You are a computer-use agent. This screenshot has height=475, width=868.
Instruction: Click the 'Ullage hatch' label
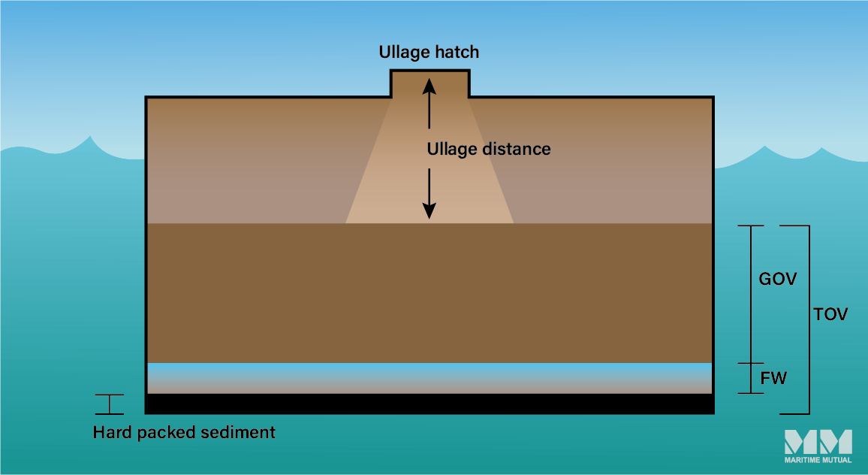428,53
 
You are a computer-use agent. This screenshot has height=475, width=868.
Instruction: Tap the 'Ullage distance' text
489,149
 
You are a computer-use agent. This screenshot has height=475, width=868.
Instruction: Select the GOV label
778,279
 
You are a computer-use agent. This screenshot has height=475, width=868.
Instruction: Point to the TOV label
830,314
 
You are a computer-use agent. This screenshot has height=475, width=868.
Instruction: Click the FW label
773,378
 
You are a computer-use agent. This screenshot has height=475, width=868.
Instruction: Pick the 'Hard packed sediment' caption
184,433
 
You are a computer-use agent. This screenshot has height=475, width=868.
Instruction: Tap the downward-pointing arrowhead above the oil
429,210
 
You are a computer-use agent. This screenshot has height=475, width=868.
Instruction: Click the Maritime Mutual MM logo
818,442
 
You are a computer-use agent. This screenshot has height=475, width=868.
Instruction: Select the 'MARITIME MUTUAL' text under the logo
818,460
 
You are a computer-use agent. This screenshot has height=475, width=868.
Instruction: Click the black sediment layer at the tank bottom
429,404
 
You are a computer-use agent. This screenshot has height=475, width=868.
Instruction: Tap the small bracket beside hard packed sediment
110,404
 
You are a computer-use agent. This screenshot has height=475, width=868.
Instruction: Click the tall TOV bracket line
809,319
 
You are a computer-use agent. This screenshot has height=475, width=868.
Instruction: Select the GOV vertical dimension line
751,294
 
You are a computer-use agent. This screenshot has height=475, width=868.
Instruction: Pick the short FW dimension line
751,378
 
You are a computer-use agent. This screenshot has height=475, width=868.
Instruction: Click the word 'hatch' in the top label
455,53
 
